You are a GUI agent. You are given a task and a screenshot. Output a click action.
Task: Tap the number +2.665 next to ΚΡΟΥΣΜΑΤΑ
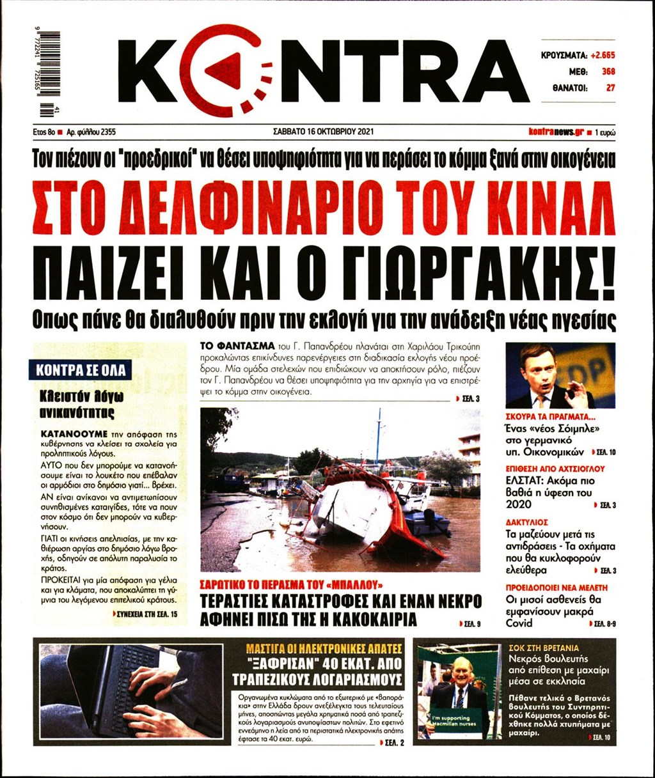602,56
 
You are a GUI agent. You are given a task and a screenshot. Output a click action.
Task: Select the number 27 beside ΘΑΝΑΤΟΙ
610,88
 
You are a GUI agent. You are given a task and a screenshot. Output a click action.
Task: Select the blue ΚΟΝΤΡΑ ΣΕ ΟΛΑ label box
80,370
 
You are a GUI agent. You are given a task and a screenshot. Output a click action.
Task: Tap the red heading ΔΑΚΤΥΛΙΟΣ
526,522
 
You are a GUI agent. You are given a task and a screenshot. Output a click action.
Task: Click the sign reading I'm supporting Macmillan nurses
455,722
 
